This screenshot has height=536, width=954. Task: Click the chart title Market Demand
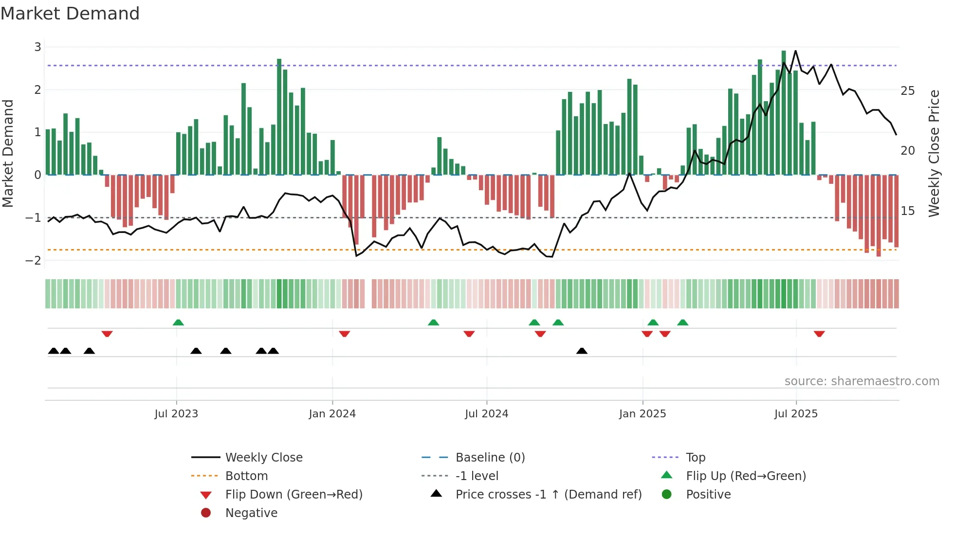(x=70, y=14)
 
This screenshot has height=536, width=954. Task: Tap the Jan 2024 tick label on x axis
(x=332, y=414)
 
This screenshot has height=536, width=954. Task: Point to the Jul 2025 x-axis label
(x=796, y=414)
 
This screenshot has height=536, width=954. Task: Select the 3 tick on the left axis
(x=37, y=47)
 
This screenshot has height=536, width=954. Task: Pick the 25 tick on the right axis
(x=908, y=91)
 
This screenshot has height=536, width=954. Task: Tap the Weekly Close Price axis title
(x=934, y=153)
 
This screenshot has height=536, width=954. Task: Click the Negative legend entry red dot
(x=206, y=513)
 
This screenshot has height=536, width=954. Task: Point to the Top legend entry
(x=696, y=458)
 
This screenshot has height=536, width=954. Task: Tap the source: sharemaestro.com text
(x=862, y=381)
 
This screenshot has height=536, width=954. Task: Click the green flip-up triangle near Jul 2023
(x=178, y=322)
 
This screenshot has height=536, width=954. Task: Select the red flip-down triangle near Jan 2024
(x=345, y=334)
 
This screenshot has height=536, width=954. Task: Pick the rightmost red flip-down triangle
(x=819, y=334)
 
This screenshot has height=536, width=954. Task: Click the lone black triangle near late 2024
(x=582, y=351)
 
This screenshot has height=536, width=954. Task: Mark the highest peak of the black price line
(x=795, y=51)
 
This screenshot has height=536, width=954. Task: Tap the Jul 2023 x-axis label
(x=176, y=414)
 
